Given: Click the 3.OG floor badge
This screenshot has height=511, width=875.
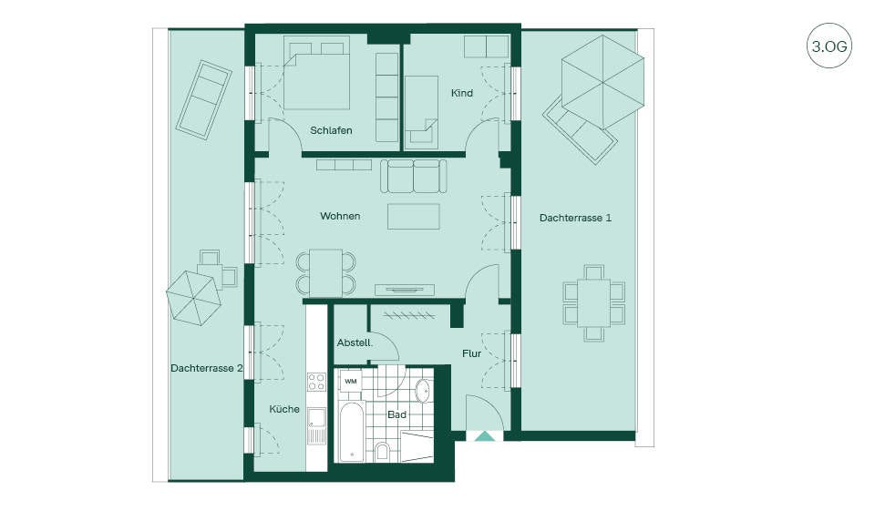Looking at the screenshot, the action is (x=829, y=46).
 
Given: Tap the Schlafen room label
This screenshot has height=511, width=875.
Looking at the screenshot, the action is (x=331, y=130).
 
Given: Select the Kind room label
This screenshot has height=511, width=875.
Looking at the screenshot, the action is (x=461, y=93).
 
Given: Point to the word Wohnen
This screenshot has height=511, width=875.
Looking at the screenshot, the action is (x=340, y=216).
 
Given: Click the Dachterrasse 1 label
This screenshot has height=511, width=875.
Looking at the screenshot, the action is (x=575, y=218).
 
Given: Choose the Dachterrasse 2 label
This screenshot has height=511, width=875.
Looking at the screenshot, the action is (x=207, y=368).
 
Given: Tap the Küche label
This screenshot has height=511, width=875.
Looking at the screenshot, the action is (x=284, y=410).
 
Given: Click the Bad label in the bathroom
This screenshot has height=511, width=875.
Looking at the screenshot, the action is (x=396, y=414).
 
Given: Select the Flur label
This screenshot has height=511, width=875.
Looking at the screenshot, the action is (x=471, y=353).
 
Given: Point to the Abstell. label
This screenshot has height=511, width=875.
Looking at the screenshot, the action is (x=355, y=343).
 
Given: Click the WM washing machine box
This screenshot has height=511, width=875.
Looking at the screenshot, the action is (x=350, y=381).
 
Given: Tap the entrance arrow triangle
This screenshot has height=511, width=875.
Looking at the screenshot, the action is (x=484, y=436).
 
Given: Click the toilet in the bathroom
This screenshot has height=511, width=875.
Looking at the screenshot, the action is (x=382, y=450).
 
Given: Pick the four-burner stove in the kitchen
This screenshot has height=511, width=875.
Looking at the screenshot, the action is (x=316, y=383).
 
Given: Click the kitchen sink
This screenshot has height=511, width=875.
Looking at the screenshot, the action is (x=316, y=418).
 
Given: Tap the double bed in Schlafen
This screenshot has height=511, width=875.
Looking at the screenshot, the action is (x=316, y=73).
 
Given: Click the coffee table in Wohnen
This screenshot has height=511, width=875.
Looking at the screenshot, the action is (x=414, y=217).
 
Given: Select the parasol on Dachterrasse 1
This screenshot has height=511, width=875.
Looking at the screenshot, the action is (x=602, y=82).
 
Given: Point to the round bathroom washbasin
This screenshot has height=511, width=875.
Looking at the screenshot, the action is (x=424, y=391).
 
